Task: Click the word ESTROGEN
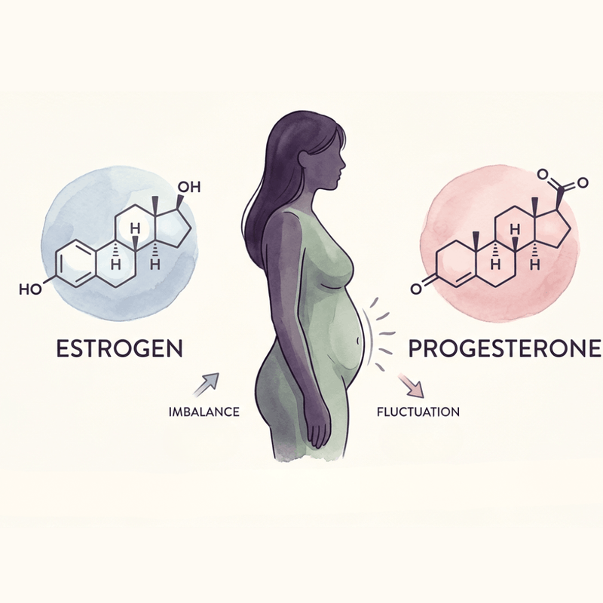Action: click(120, 348)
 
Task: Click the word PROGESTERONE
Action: click(504, 348)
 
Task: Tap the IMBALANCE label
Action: click(204, 412)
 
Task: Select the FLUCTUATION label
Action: click(418, 412)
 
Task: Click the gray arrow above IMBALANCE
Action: click(206, 384)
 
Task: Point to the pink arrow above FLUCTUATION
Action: click(411, 385)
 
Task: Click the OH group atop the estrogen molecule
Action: click(189, 187)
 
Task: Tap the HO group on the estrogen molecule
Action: click(30, 289)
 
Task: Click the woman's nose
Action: click(343, 164)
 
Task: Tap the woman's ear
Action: click(304, 158)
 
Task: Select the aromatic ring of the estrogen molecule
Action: click(75, 264)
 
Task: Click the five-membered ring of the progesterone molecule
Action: click(554, 230)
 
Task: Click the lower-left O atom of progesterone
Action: click(416, 289)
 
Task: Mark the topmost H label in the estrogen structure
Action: click(135, 229)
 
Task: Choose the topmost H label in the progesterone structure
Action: click(515, 230)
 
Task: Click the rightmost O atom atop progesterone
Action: click(583, 182)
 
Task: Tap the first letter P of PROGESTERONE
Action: click(415, 348)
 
